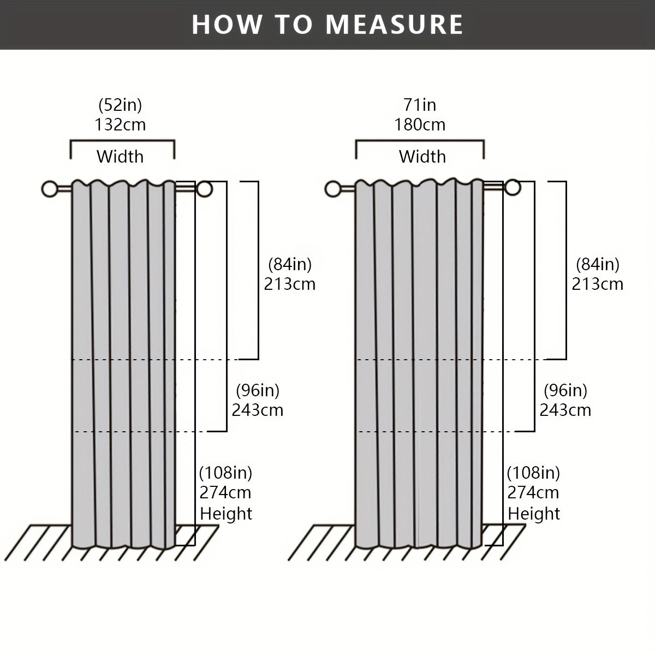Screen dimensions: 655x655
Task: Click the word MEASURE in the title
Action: [394, 25]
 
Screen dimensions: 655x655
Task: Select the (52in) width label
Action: [120, 105]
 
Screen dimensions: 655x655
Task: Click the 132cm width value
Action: [120, 124]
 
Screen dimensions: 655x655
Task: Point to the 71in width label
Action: [420, 105]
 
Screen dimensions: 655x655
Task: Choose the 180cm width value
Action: [420, 124]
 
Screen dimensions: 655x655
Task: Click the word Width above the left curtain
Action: [120, 157]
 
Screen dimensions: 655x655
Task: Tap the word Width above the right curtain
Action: [422, 157]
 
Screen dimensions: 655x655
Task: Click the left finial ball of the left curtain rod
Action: [50, 189]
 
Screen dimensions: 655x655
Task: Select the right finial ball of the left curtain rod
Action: [204, 189]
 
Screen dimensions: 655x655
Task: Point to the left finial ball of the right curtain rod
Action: [334, 189]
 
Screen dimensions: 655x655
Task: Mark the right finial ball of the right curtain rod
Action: [513, 188]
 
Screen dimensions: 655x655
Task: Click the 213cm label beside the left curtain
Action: [290, 284]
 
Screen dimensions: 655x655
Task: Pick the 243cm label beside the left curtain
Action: [257, 410]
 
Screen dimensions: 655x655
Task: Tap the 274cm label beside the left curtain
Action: [225, 492]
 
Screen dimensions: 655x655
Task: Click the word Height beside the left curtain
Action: [226, 513]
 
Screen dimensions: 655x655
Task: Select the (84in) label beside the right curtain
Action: [598, 264]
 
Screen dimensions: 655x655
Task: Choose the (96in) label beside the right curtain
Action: [565, 391]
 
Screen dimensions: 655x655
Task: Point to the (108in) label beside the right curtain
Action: [533, 473]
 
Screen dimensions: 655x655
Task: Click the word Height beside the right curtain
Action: [534, 513]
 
